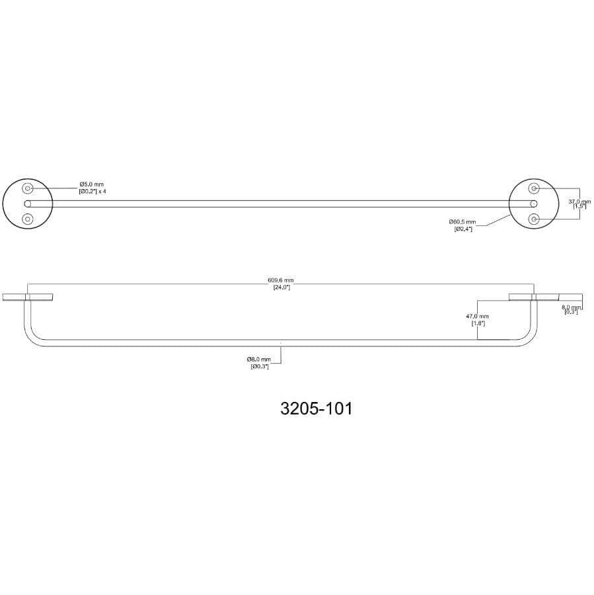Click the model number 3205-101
[316, 409]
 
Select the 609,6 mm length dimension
[281, 281]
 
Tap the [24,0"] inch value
[281, 288]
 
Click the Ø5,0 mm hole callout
[91, 184]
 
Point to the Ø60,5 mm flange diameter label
[462, 222]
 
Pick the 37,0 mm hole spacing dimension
[579, 200]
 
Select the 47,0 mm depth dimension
[477, 317]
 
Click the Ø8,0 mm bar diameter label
[258, 359]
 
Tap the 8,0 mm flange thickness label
[572, 307]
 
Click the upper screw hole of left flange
[28, 189]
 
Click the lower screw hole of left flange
[28, 218]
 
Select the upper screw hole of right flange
[534, 189]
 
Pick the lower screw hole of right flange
[534, 218]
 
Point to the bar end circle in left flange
[28, 204]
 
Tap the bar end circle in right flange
[534, 204]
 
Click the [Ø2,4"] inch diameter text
[463, 229]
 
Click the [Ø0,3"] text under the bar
[259, 366]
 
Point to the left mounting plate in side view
[28, 296]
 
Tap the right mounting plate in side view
[545, 296]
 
